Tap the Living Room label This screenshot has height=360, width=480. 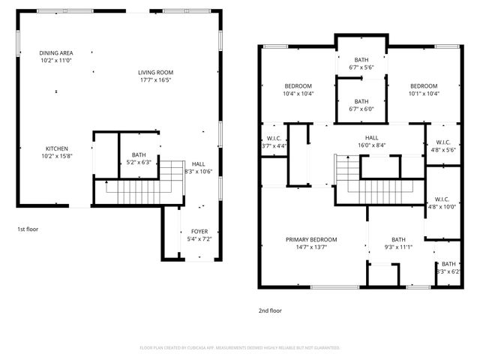click(x=154, y=76)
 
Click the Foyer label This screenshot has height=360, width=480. click(x=199, y=235)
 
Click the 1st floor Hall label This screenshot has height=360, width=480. click(x=199, y=168)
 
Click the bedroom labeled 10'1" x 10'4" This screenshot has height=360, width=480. click(x=423, y=90)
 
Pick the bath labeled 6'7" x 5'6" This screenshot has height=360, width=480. click(x=361, y=64)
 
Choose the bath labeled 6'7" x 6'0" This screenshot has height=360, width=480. click(x=361, y=105)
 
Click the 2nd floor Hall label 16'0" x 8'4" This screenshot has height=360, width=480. click(x=372, y=142)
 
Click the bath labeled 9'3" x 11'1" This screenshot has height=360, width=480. click(x=397, y=244)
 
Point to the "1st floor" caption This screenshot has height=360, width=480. click(x=28, y=229)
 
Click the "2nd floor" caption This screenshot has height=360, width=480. click(x=270, y=310)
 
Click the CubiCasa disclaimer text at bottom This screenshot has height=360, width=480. click(x=240, y=347)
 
